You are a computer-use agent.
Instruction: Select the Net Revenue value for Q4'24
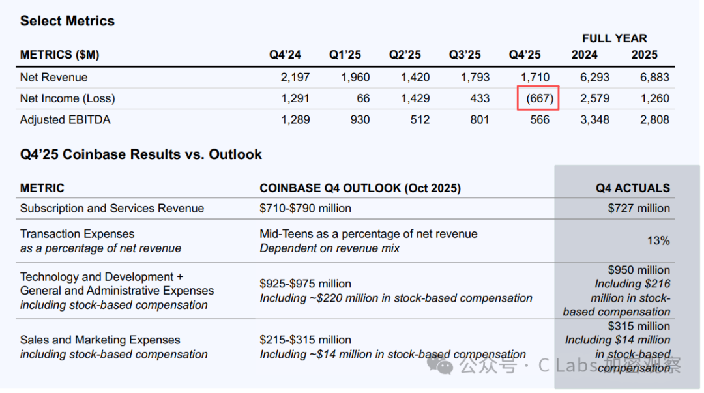tap(295, 77)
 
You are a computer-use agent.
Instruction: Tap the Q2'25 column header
tap(405, 55)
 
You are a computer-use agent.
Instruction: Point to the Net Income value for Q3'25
tap(479, 98)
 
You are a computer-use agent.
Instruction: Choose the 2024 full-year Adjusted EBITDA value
tap(594, 119)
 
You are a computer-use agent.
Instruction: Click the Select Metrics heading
tap(67, 21)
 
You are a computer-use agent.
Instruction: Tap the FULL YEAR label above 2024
tap(614, 38)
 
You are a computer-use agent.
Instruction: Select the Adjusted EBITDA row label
tap(65, 119)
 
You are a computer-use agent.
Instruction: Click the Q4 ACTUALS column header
tap(632, 188)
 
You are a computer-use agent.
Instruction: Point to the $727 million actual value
tap(639, 209)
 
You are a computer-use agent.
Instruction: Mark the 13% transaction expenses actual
tap(658, 240)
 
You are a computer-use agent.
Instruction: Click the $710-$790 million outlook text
tap(305, 209)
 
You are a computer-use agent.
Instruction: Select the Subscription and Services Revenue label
tap(112, 209)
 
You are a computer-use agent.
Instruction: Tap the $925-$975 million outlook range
tap(305, 284)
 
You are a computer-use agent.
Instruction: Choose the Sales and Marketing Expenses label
tap(100, 340)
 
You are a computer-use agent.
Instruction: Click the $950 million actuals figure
tap(639, 270)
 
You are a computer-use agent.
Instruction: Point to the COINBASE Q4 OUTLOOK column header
tap(360, 188)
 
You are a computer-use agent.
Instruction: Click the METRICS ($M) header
tap(59, 55)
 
